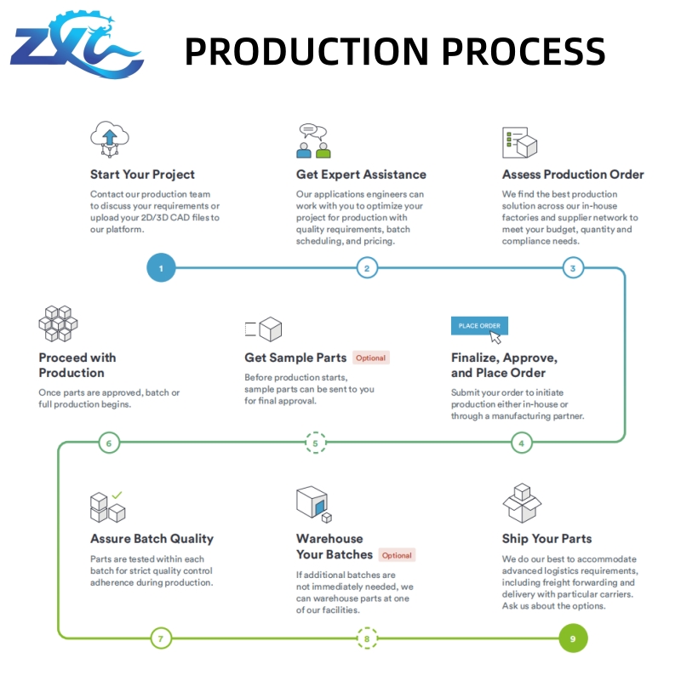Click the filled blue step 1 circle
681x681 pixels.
tap(161, 267)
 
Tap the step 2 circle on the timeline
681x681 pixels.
tap(367, 268)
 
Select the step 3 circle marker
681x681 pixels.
tap(573, 268)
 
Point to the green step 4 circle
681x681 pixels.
tap(522, 443)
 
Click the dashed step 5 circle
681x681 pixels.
tap(316, 443)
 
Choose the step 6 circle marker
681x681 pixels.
tap(109, 443)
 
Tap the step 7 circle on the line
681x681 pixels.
tap(161, 638)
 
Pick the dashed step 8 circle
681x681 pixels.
tap(367, 638)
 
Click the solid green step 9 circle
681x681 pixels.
tap(573, 638)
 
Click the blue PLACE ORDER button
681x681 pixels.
tap(479, 326)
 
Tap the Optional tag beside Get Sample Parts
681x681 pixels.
tap(371, 358)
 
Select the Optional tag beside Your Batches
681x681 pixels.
tap(397, 555)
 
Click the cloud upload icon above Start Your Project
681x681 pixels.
tap(110, 139)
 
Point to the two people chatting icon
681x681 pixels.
tap(313, 140)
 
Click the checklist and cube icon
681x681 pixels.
tap(519, 142)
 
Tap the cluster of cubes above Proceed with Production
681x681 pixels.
tap(58, 323)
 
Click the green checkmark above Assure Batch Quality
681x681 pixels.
tap(117, 495)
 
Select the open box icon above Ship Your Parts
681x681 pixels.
tap(522, 503)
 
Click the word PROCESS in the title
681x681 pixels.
tap(524, 51)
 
